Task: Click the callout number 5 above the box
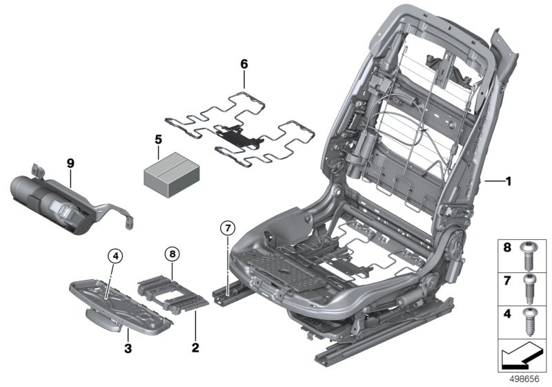click(158, 139)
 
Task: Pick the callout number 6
click(244, 64)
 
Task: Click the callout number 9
click(70, 162)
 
